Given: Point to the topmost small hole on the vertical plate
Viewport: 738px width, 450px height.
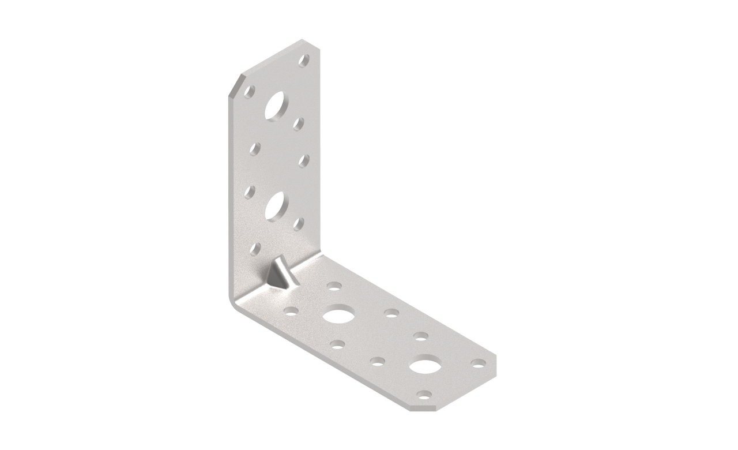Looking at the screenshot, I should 304,60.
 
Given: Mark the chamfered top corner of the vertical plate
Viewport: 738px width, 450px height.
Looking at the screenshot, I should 235,84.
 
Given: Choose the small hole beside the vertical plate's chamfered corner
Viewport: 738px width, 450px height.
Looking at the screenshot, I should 250,91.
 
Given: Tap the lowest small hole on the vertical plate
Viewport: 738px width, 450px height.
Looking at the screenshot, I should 255,249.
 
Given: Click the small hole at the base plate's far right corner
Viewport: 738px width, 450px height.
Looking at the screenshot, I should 478,363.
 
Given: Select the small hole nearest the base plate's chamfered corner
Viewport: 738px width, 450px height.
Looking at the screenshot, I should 424,395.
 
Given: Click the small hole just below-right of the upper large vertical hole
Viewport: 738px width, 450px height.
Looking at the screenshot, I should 299,123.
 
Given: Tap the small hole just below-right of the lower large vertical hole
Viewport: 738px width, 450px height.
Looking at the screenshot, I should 299,224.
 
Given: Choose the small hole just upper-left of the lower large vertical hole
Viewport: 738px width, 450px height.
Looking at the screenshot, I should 250,192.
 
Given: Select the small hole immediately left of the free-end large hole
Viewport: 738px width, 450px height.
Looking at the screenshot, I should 378,362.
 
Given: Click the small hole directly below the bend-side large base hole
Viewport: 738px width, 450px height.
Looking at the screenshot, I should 337,345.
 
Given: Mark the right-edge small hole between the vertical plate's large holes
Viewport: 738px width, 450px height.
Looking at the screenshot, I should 304,160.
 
